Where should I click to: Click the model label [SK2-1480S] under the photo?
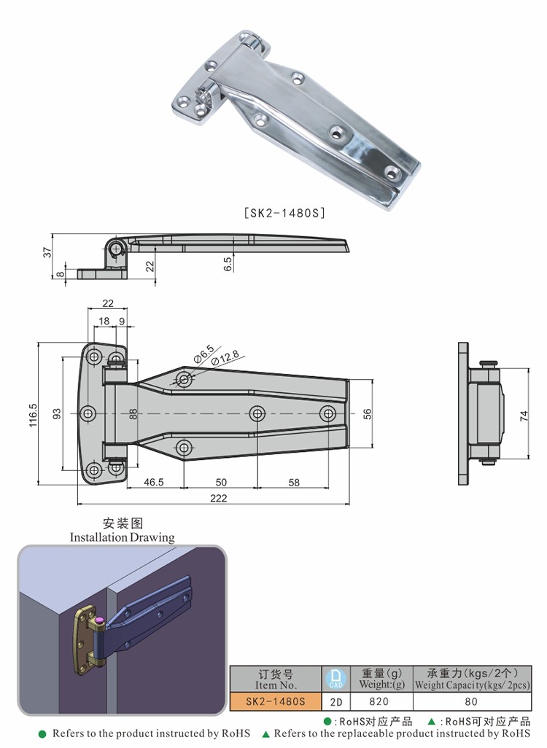(x=283, y=214)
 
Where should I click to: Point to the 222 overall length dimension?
(x=218, y=499)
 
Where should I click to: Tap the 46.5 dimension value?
(x=154, y=482)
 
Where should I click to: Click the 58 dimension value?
(x=294, y=482)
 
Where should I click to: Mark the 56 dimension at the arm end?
(x=368, y=413)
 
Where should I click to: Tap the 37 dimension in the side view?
(x=47, y=252)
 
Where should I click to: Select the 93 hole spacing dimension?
(x=57, y=413)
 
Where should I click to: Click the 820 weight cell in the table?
(x=380, y=701)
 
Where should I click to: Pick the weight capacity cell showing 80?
(x=471, y=701)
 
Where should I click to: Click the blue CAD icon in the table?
(x=335, y=678)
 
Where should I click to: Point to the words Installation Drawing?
(x=123, y=537)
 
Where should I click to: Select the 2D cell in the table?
(x=336, y=701)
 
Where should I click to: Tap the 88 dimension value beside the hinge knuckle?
(x=133, y=413)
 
